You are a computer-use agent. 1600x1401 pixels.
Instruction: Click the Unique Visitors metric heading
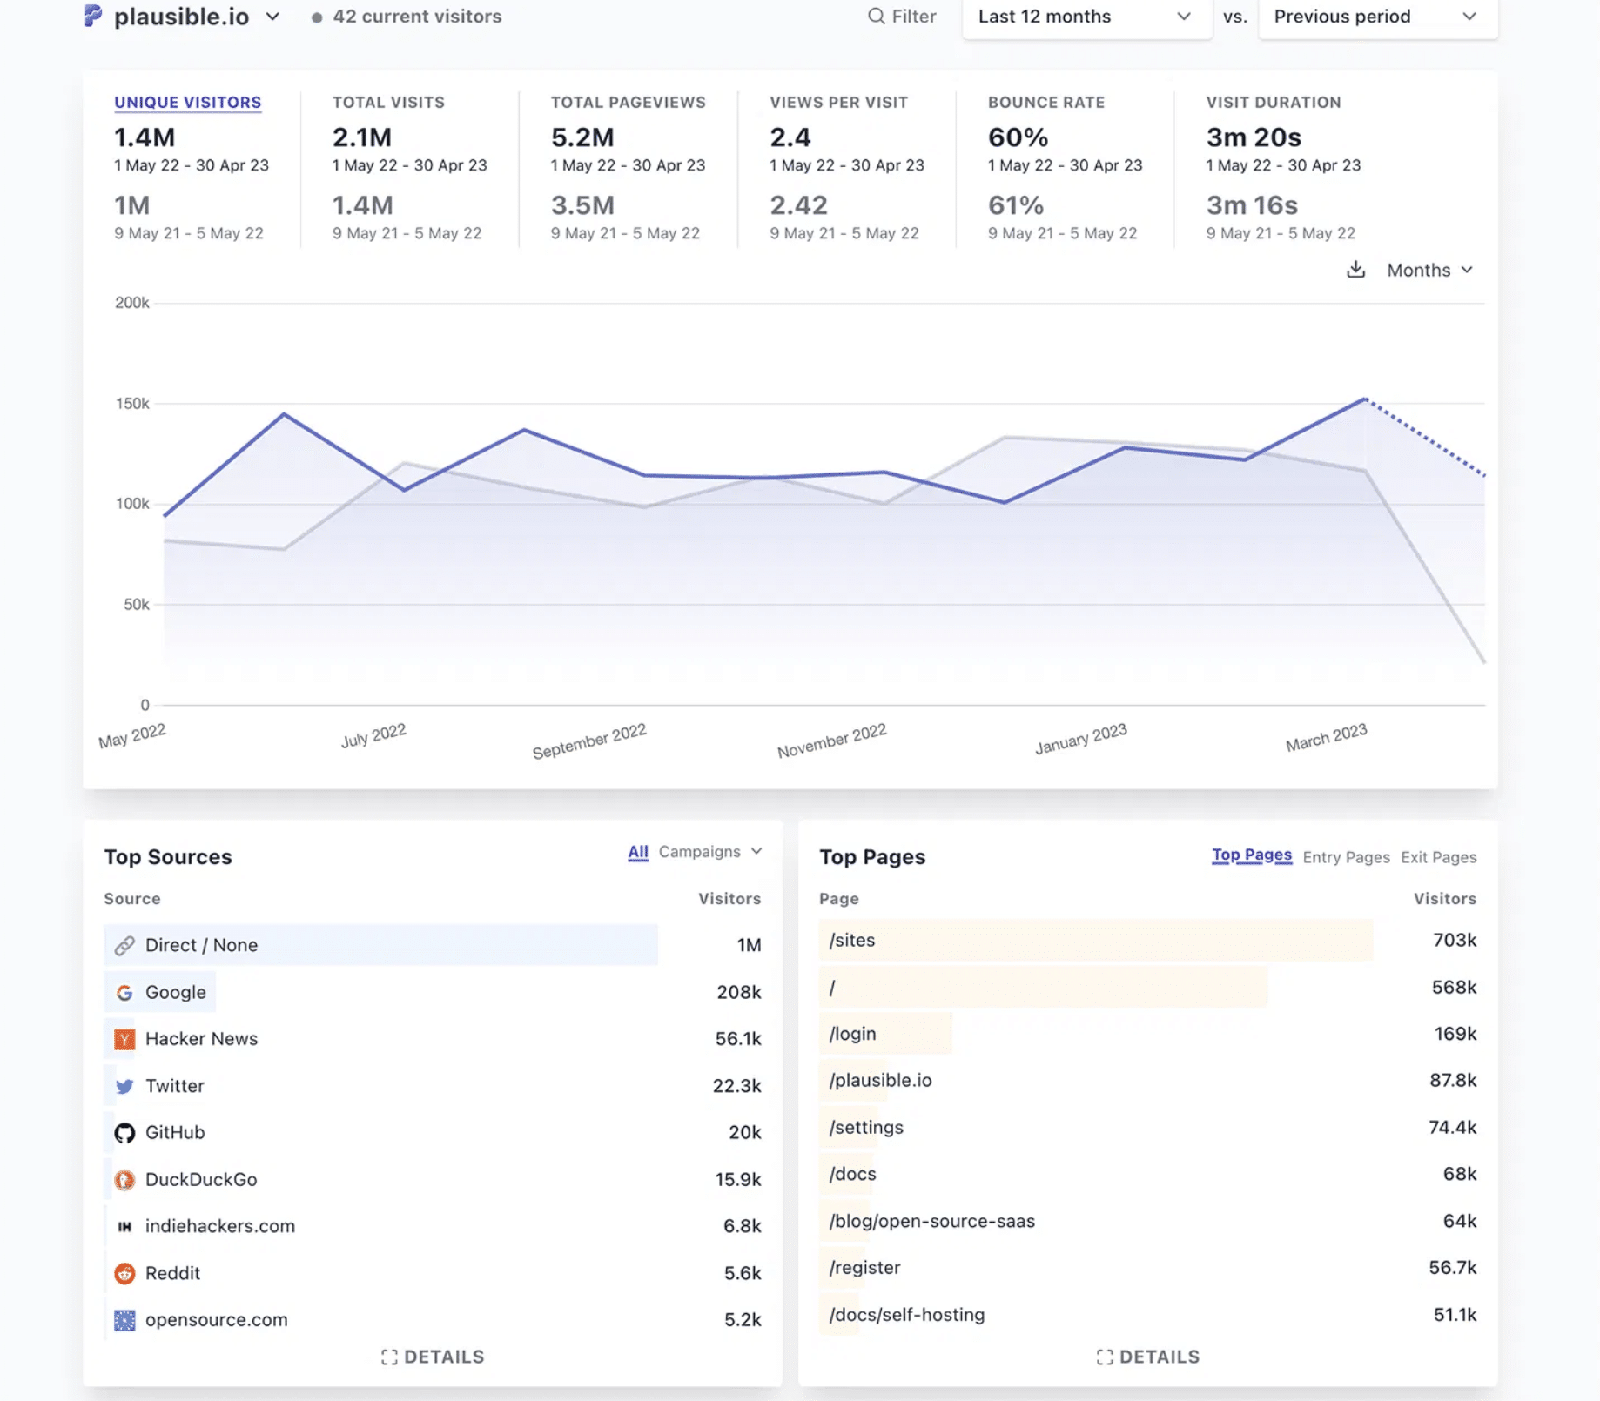point(187,102)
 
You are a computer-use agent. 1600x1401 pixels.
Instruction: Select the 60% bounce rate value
point(1017,137)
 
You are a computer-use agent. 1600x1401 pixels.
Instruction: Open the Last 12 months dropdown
point(1085,17)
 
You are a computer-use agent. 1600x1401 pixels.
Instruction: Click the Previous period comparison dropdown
point(1375,17)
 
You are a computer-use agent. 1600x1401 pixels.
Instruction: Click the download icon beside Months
point(1355,270)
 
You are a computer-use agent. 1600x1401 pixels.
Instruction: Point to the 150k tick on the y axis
point(132,404)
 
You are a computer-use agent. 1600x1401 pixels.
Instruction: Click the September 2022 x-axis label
point(588,741)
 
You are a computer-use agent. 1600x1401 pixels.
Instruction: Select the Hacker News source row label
point(201,1038)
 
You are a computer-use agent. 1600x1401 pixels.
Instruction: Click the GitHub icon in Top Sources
point(124,1132)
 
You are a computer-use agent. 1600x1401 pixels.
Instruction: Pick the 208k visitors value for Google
point(738,992)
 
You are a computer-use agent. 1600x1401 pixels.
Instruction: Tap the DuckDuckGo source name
point(201,1179)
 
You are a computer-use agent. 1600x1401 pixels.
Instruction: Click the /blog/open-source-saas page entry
point(931,1221)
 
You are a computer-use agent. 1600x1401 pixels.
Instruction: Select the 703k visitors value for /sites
point(1454,940)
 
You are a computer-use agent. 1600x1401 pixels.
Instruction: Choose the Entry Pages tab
point(1345,857)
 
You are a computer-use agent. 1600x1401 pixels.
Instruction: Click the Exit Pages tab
point(1437,857)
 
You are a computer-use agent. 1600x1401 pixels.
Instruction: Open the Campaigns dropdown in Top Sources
point(709,851)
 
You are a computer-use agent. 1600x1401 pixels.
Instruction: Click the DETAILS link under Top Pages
point(1147,1357)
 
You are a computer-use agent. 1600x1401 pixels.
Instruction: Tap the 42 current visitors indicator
point(407,17)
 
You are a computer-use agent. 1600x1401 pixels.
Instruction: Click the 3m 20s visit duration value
point(1253,137)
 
